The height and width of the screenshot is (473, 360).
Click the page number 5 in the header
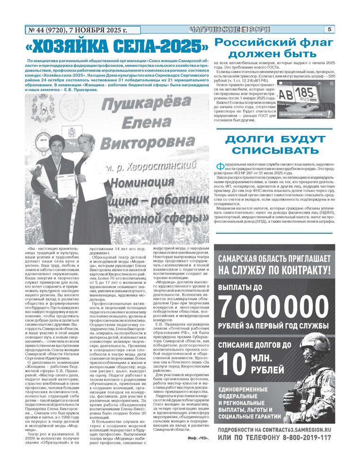click(329, 29)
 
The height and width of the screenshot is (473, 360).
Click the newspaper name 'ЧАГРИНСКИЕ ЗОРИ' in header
click(229, 29)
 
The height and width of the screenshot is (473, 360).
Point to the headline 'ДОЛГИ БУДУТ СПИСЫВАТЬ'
click(275, 145)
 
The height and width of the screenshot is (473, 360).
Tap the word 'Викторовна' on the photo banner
click(151, 142)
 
